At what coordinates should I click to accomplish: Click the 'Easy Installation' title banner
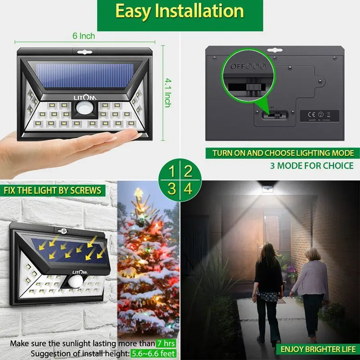coord(180,12)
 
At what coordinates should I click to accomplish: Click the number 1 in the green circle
coord(171,171)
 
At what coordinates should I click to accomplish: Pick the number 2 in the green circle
coord(189,171)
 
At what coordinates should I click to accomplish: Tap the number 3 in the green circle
coord(171,188)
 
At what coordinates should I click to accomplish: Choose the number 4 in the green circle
coord(189,188)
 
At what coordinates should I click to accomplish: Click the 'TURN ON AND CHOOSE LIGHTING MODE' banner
coord(280,153)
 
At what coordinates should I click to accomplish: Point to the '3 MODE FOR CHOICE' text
coord(312,166)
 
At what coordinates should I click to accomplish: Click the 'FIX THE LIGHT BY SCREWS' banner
coord(53,190)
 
